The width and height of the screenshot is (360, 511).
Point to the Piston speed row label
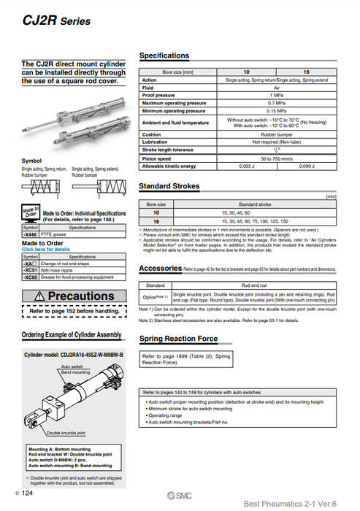point(157,158)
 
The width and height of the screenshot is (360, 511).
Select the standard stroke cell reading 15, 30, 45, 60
point(256,212)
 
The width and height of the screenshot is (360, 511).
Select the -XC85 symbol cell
point(30,278)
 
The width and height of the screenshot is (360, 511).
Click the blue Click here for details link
point(47,249)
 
